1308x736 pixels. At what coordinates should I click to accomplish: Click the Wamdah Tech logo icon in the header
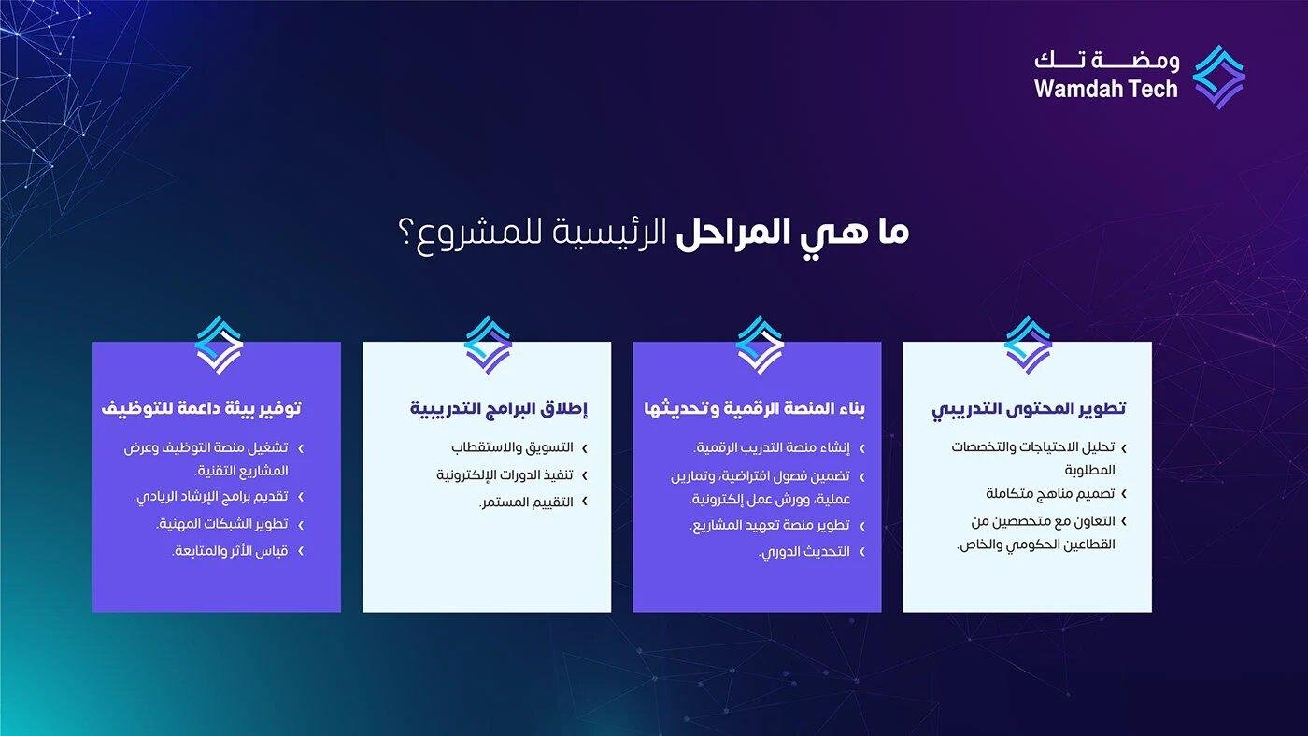click(1219, 77)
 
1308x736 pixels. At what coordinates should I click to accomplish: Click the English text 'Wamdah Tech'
click(1106, 90)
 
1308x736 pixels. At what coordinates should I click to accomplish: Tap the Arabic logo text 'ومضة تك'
click(1106, 62)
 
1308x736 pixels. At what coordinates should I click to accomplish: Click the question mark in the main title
click(405, 234)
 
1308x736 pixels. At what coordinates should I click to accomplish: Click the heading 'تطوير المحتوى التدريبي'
click(1029, 409)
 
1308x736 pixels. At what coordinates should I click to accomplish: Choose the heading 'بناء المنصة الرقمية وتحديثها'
click(755, 409)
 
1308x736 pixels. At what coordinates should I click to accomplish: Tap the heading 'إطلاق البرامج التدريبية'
click(499, 409)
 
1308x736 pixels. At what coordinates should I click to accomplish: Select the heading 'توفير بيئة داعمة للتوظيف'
click(202, 409)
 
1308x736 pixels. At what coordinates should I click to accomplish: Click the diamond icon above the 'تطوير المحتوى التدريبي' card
click(1028, 344)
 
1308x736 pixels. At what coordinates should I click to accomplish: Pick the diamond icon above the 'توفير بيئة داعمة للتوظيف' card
click(219, 344)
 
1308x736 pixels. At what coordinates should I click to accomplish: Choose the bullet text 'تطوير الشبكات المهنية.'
click(222, 524)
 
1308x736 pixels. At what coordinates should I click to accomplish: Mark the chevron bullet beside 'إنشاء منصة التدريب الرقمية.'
click(861, 448)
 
